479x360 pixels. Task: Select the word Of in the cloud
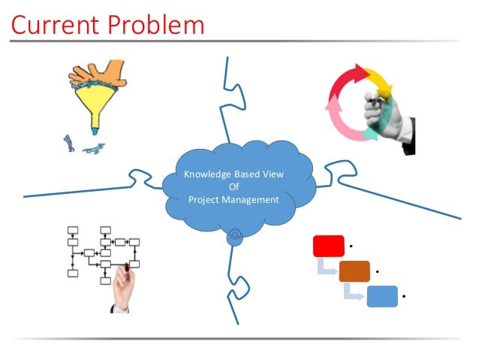233,187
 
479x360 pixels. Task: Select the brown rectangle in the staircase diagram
354,271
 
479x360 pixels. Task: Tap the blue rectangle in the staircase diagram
382,296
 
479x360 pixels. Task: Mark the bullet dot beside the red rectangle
351,245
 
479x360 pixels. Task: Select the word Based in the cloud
252,175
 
